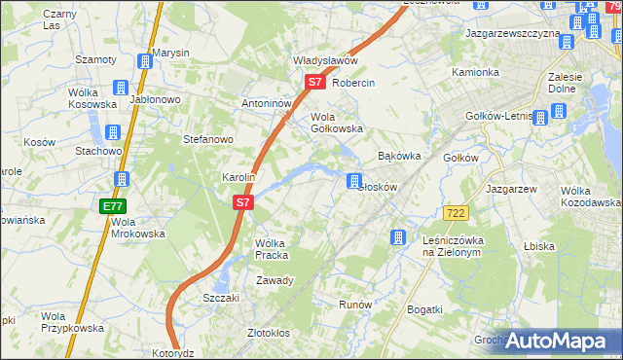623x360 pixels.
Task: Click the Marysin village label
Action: (x=170, y=53)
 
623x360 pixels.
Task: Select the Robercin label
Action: (x=353, y=83)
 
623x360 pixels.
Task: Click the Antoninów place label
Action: (x=268, y=103)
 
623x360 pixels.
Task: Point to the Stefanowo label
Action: (x=208, y=139)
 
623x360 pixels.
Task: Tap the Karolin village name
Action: (x=238, y=178)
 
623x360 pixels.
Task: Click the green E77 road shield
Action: (x=112, y=206)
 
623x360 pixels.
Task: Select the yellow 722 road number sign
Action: (x=454, y=212)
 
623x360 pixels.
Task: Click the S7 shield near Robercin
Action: (x=314, y=83)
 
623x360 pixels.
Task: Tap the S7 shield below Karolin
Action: (x=243, y=203)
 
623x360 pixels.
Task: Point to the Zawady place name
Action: (x=275, y=280)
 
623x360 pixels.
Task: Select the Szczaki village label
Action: (x=221, y=298)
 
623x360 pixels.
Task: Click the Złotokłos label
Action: (x=269, y=333)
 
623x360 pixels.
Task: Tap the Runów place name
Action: (x=355, y=305)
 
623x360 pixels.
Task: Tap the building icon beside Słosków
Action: (x=355, y=181)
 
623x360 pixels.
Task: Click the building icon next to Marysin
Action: (x=145, y=62)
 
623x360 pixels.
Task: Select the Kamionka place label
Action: (x=475, y=73)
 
